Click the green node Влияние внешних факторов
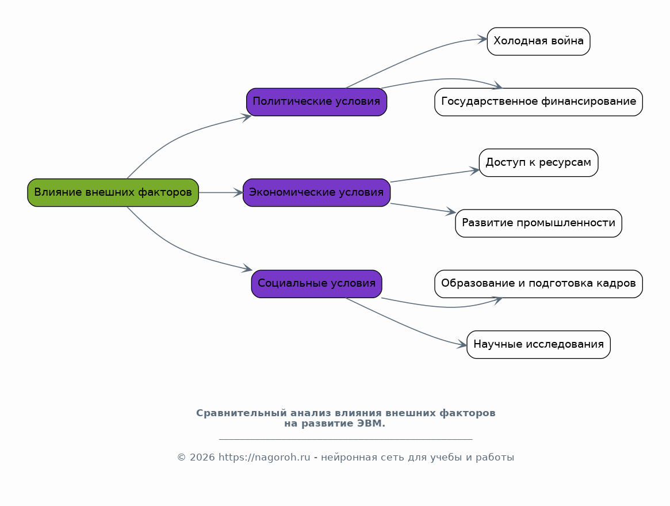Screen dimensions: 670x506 click(x=113, y=192)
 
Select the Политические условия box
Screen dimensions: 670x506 click(x=316, y=102)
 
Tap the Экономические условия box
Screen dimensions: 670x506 click(x=316, y=192)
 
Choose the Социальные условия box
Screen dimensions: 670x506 click(x=316, y=284)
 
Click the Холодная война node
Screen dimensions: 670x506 click(x=538, y=41)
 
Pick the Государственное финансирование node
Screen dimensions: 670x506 click(x=538, y=102)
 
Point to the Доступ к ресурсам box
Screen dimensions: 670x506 click(x=538, y=162)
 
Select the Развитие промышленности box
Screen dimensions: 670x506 click(x=538, y=223)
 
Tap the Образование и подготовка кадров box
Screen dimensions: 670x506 click(x=538, y=284)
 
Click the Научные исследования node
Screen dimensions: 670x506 click(x=538, y=344)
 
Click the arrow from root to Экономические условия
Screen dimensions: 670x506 click(x=221, y=192)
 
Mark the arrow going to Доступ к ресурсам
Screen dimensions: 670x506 click(x=435, y=176)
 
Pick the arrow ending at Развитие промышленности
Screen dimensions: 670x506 click(x=423, y=208)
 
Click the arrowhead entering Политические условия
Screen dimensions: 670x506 click(x=247, y=117)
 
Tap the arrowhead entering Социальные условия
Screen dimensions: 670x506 click(x=247, y=268)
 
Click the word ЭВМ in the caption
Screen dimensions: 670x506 click(x=371, y=424)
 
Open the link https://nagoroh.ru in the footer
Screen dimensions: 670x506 click(x=265, y=457)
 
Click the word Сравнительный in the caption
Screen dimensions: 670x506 click(x=242, y=413)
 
